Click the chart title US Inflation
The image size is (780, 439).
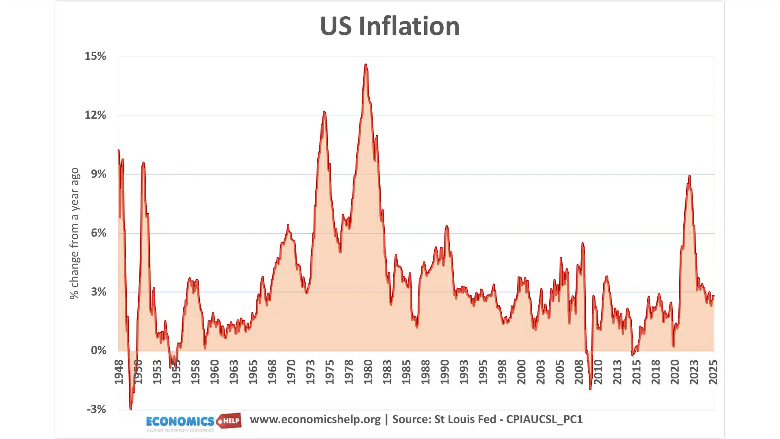(x=390, y=26)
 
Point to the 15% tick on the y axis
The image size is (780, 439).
(x=95, y=56)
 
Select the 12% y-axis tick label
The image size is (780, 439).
(x=95, y=115)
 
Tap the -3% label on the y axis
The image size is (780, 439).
(x=96, y=409)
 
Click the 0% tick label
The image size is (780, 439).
(x=98, y=350)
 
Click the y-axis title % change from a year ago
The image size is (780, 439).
(x=74, y=233)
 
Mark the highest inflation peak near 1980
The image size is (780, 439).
(x=366, y=65)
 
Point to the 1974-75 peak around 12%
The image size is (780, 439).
(x=324, y=112)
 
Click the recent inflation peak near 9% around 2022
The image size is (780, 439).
(x=689, y=176)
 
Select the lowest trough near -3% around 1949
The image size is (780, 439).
(x=130, y=409)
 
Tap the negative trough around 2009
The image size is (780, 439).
(x=590, y=389)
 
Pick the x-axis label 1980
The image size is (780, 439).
(x=368, y=372)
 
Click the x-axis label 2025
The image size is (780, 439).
(x=713, y=372)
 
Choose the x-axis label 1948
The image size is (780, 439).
(x=119, y=372)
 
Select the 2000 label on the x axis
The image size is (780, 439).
(x=521, y=372)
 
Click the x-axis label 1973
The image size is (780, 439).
(x=310, y=372)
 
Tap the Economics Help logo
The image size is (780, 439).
(x=193, y=422)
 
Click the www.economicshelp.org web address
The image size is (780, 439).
(x=315, y=419)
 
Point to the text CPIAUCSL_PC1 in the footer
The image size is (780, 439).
(x=544, y=419)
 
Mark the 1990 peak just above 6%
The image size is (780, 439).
(x=446, y=226)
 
